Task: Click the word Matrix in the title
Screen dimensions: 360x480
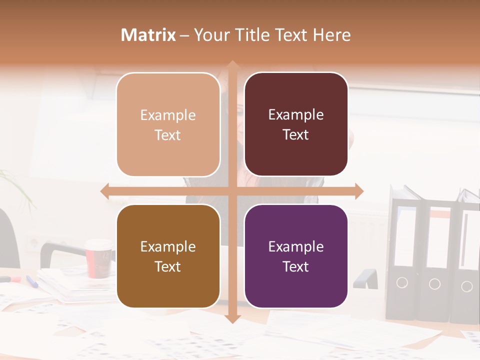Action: [x=148, y=35]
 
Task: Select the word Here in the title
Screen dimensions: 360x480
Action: [x=332, y=35]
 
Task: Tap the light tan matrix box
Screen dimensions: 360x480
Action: [x=168, y=125]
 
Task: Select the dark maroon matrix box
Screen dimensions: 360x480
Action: [x=296, y=124]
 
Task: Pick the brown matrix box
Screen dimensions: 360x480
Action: [x=168, y=256]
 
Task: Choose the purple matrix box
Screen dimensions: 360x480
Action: [x=296, y=256]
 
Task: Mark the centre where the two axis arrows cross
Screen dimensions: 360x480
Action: [x=232, y=191]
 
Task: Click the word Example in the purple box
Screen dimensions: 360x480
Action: [x=296, y=246]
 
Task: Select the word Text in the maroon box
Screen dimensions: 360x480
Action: [x=296, y=135]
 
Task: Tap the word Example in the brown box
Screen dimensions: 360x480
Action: [x=168, y=246]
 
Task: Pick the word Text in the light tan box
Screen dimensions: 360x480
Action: [x=168, y=135]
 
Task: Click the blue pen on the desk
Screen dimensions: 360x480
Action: [x=32, y=281]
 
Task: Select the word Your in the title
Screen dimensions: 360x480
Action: [x=209, y=35]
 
